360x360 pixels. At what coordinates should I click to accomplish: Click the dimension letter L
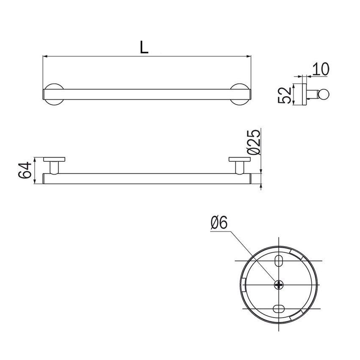(x=144, y=47)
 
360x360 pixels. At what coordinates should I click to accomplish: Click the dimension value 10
(x=321, y=69)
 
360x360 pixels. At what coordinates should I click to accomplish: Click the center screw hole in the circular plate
(x=280, y=285)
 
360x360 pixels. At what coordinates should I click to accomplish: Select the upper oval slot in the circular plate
(x=280, y=260)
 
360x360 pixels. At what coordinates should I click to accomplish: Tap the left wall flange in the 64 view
(x=55, y=160)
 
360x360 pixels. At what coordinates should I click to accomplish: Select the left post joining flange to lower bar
(x=55, y=167)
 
